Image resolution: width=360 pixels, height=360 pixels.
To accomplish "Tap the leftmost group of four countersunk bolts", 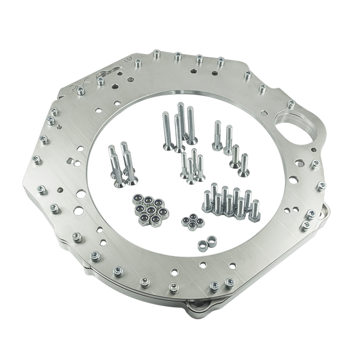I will pyautogui.click(x=122, y=162).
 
